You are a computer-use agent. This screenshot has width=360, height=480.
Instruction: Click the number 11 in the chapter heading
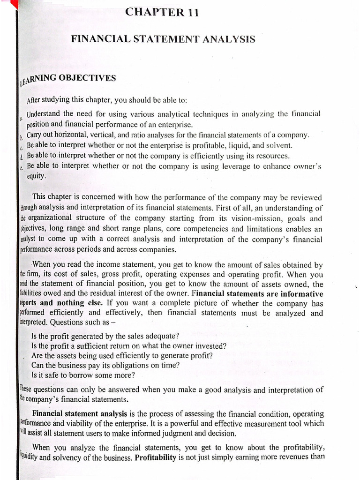pos(194,13)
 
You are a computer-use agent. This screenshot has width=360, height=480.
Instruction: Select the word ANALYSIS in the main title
pos(227,40)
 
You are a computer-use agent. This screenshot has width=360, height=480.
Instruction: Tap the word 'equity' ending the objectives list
pos(37,176)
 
